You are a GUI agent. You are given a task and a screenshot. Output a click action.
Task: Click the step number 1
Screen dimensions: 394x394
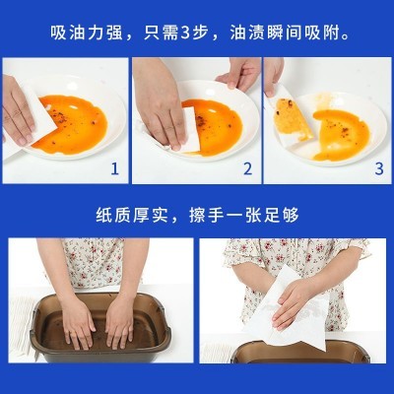tap(114, 168)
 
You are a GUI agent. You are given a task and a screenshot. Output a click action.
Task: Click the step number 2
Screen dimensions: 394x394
tap(247, 168)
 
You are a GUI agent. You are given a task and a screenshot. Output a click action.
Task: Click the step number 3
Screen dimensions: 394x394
tap(377, 168)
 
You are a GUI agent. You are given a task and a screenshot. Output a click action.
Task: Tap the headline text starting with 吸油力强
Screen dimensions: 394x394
tap(197, 33)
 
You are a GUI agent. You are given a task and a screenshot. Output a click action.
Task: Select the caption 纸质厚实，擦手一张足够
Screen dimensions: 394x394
tap(197, 215)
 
